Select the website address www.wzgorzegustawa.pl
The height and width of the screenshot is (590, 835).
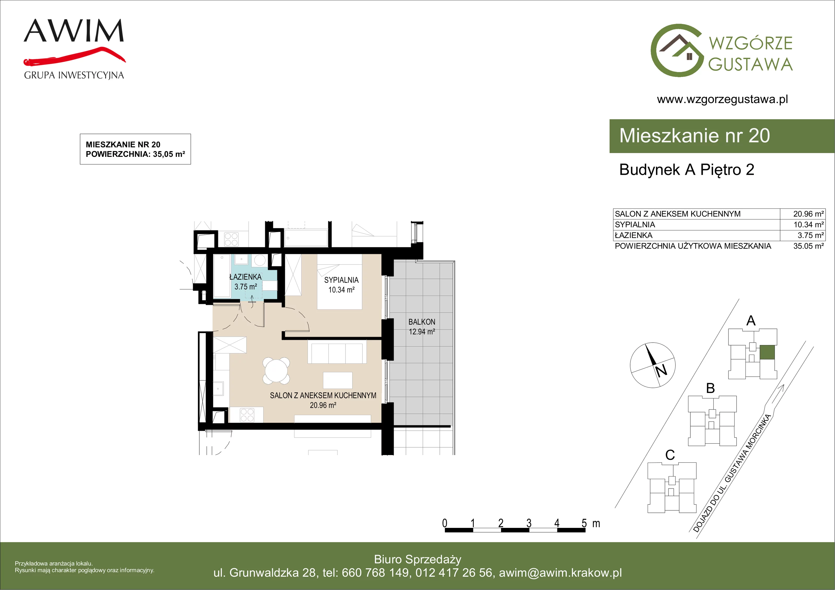722,99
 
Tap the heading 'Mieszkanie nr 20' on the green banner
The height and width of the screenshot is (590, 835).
695,136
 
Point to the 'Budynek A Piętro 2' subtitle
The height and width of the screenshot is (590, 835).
687,170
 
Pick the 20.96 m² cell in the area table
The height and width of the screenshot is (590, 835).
808,214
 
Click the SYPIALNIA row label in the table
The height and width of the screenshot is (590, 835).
635,225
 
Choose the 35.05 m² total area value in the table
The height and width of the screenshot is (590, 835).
808,246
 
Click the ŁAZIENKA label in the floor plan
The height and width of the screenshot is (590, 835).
246,277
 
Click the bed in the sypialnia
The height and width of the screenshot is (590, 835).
340,282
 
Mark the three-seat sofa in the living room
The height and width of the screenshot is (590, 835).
337,351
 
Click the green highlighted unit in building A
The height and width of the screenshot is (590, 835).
767,353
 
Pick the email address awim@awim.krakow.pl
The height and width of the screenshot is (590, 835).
560,573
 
